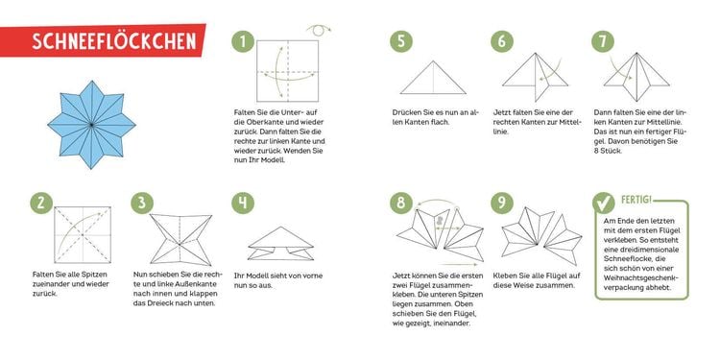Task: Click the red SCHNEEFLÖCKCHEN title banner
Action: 103,41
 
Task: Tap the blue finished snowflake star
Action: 92,125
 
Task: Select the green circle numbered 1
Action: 243,42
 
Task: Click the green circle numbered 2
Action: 41,203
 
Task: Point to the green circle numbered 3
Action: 142,203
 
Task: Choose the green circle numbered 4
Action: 243,203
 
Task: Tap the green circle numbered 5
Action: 401,42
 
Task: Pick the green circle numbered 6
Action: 502,42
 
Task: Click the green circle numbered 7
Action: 603,42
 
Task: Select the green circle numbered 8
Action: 401,203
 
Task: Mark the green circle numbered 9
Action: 502,203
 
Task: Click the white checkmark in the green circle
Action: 603,203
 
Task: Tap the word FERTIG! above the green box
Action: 636,200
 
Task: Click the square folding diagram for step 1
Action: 288,71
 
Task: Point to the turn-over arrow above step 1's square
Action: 319,30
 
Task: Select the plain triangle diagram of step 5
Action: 433,77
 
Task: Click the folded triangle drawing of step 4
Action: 281,244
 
